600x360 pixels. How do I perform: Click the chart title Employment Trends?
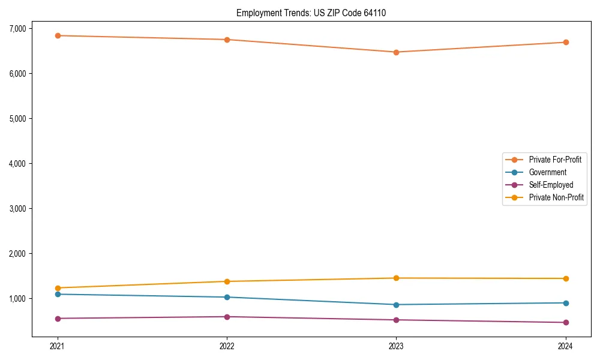click(x=315, y=13)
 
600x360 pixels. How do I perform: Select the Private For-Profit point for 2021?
click(x=58, y=35)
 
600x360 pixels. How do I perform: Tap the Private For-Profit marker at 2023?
click(x=396, y=52)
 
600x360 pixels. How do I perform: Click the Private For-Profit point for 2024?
click(x=565, y=42)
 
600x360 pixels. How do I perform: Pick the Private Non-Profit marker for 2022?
click(x=227, y=281)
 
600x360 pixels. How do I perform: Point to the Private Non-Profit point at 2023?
click(x=396, y=278)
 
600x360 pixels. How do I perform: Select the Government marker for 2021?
click(x=58, y=294)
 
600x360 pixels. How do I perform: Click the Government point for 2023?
click(x=396, y=305)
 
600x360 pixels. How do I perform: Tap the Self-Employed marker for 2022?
click(x=227, y=317)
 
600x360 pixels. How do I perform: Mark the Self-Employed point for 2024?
click(x=565, y=323)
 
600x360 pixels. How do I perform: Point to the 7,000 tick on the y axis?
click(x=17, y=28)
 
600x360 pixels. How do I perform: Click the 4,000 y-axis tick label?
click(x=17, y=163)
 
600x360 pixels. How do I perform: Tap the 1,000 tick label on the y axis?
click(x=17, y=298)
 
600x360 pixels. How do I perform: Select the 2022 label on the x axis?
click(x=227, y=346)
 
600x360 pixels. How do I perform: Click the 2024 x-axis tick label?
click(x=565, y=346)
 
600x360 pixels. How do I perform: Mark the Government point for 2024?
click(x=565, y=303)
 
